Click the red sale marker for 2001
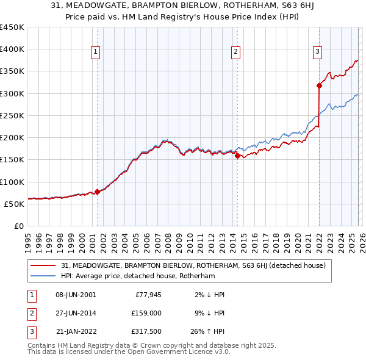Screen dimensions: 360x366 pos(97,192)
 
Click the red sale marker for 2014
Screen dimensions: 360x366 pos(237,156)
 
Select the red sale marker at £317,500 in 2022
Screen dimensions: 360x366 pos(319,85)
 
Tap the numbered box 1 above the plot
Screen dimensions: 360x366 pos(96,52)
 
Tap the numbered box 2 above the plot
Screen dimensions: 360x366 pos(235,52)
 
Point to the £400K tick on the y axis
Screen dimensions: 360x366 pos(12,49)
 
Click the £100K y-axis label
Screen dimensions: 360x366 pos(12,182)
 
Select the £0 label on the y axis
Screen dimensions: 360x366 pos(18,226)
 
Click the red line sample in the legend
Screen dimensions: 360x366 pos(43,265)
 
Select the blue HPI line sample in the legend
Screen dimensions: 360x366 pos(43,276)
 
